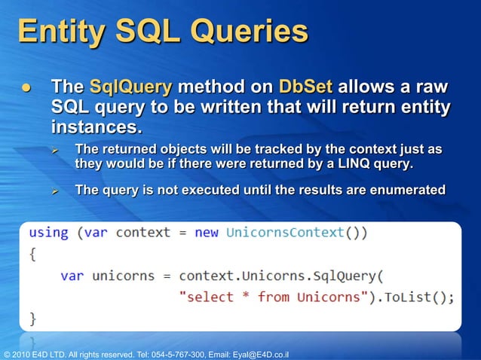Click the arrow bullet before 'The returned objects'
click(x=55, y=149)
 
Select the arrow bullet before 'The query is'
click(x=55, y=191)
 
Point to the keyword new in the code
click(x=207, y=232)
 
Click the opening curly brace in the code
click(x=32, y=254)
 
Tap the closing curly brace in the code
click(x=32, y=317)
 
